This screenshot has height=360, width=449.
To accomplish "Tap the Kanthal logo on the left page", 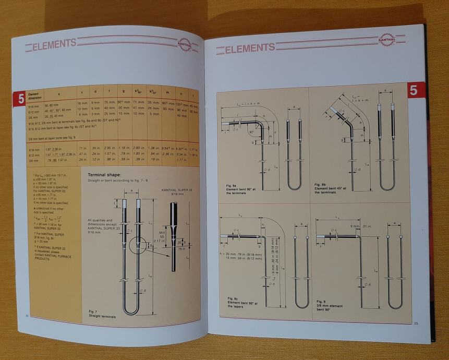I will [x=184, y=45].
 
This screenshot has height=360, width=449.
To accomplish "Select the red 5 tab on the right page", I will [x=413, y=90].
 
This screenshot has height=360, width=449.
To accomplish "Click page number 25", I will [x=416, y=323].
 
